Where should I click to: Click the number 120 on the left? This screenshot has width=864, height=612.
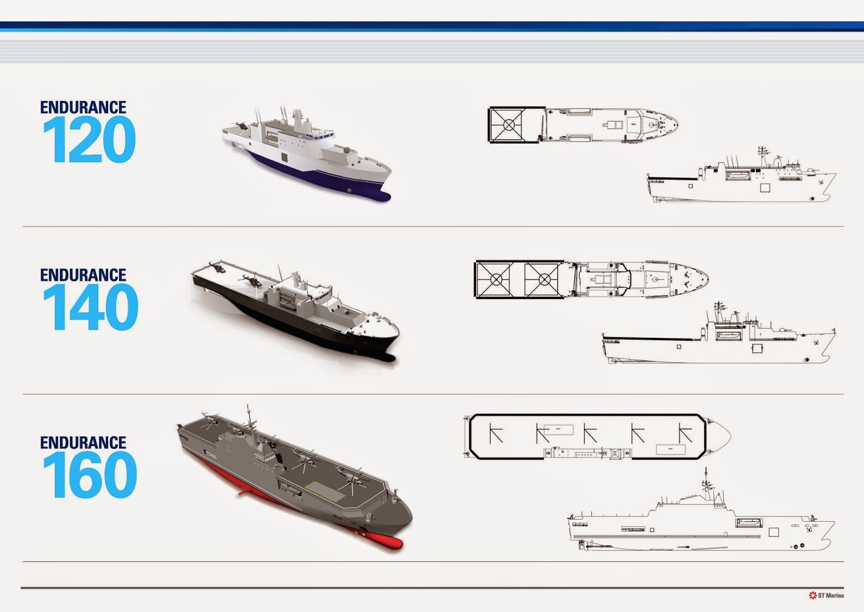tap(89, 141)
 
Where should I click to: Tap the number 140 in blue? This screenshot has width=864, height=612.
tap(90, 308)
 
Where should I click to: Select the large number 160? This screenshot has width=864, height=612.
tap(90, 476)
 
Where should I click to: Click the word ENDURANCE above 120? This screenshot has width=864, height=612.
tap(83, 107)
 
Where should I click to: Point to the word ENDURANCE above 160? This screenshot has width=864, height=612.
tap(83, 443)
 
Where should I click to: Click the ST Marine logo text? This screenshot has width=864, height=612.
tap(831, 595)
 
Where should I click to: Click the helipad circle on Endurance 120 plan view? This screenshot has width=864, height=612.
tap(509, 125)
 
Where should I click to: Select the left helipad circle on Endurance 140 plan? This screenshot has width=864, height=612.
tap(496, 280)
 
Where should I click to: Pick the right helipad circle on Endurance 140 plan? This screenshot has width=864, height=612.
tap(544, 280)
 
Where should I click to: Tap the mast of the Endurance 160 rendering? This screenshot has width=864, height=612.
tap(248, 419)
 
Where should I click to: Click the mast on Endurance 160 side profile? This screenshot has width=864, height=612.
tap(705, 484)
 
